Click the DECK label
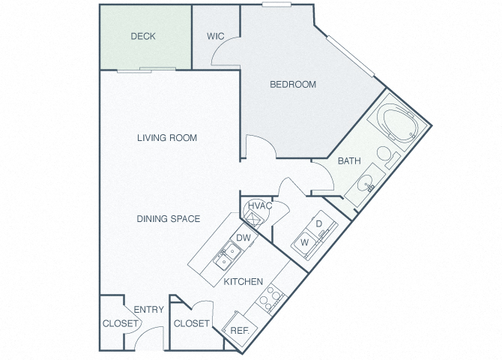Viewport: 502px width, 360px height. pyautogui.click(x=143, y=36)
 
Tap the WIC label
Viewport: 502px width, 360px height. pyautogui.click(x=216, y=36)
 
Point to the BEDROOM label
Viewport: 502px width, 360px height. pyautogui.click(x=293, y=84)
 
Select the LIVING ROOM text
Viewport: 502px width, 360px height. pyautogui.click(x=167, y=138)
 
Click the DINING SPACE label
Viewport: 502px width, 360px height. pyautogui.click(x=169, y=219)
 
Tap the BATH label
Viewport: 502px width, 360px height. pyautogui.click(x=349, y=160)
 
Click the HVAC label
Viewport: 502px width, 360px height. pyautogui.click(x=260, y=205)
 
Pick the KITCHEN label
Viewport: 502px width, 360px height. pyautogui.click(x=244, y=281)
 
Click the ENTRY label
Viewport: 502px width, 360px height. pyautogui.click(x=149, y=309)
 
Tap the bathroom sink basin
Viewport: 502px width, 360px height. pyautogui.click(x=366, y=183)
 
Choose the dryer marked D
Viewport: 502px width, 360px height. pyautogui.click(x=320, y=223)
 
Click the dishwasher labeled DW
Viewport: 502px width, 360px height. pyautogui.click(x=244, y=238)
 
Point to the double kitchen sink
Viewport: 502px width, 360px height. pyautogui.click(x=228, y=256)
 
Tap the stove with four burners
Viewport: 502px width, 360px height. pyautogui.click(x=270, y=298)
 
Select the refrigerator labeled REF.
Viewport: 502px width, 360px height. pyautogui.click(x=240, y=330)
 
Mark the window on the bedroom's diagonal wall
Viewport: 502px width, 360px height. pyautogui.click(x=351, y=56)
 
